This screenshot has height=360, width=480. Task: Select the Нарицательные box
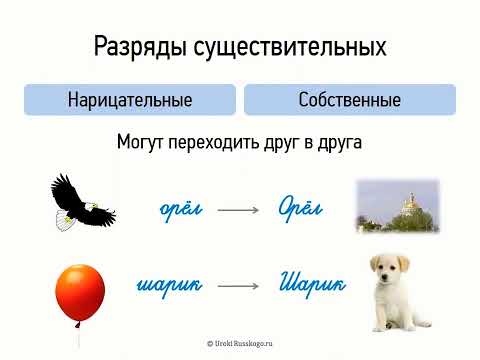[130, 100]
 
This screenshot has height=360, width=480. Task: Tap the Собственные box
[350, 100]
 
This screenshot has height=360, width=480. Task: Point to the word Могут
[145, 143]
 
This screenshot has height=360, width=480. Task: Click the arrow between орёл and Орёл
[241, 212]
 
